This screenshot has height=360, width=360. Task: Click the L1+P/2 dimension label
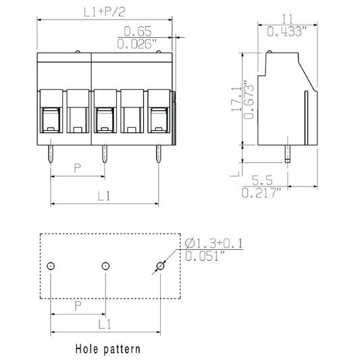(x=105, y=12)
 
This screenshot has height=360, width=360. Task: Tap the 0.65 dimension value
(x=138, y=31)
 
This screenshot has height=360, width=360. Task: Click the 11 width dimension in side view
(x=288, y=19)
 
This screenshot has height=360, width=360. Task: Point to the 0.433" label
(x=287, y=31)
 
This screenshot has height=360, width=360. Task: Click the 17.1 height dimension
(x=236, y=99)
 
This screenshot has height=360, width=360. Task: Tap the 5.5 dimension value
(x=263, y=180)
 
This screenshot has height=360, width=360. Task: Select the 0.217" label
(x=261, y=192)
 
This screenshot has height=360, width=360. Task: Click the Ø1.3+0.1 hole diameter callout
(x=213, y=243)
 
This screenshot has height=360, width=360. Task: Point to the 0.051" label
(x=205, y=256)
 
